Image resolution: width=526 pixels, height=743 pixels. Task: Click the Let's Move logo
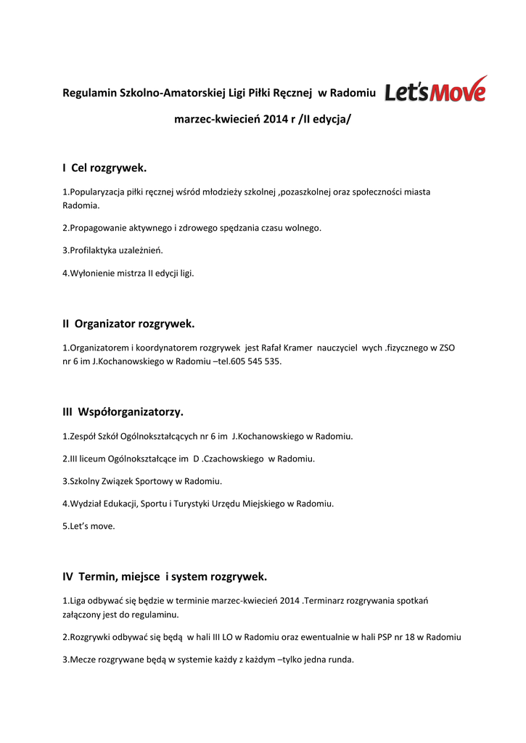click(x=435, y=89)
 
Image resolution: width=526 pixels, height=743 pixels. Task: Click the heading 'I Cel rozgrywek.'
click(x=104, y=168)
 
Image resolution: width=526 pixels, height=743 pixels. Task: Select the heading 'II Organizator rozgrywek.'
click(x=129, y=324)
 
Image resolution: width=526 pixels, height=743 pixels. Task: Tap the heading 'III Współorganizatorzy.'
click(x=123, y=412)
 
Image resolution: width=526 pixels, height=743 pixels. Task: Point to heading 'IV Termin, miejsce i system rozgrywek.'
click(x=165, y=577)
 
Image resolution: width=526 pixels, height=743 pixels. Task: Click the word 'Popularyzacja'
click(x=96, y=192)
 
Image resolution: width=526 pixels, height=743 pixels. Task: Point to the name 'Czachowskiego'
click(x=234, y=459)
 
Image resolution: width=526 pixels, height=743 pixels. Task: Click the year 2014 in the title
click(x=276, y=118)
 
